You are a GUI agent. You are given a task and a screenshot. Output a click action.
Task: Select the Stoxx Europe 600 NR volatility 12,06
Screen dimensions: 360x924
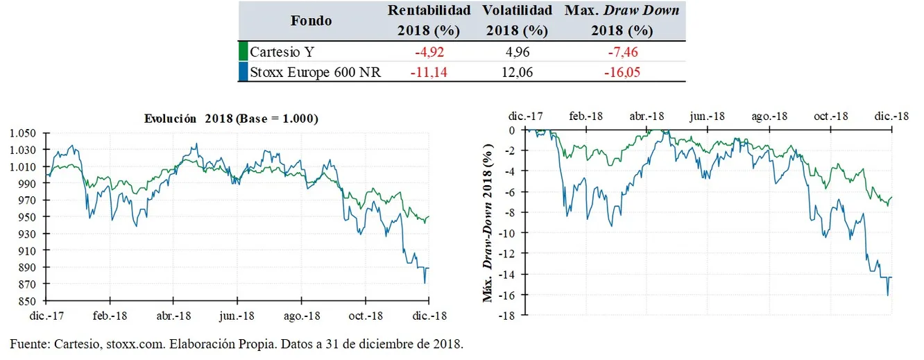tap(517, 71)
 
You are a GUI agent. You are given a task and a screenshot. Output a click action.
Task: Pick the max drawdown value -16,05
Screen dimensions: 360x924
tap(622, 71)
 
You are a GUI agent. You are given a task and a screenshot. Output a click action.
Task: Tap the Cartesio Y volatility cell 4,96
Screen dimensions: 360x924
tap(517, 51)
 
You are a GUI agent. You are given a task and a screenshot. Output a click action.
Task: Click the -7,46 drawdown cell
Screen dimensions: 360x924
tap(622, 51)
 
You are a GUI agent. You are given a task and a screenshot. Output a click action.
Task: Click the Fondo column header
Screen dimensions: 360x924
tap(311, 20)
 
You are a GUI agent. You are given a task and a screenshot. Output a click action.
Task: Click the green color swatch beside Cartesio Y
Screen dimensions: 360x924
tap(243, 51)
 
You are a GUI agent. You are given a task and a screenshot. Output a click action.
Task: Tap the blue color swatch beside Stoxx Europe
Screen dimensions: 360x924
tap(243, 71)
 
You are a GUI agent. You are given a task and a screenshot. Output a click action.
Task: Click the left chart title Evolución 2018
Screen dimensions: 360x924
tap(231, 119)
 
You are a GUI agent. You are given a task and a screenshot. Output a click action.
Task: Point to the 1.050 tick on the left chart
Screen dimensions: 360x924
tap(23, 133)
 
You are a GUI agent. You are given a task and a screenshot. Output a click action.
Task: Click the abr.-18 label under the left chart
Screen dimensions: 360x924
tap(173, 316)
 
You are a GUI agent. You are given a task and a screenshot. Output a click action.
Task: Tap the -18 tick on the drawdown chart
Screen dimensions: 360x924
tap(508, 316)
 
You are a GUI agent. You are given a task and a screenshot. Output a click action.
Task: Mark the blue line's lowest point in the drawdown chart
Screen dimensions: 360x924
tap(887, 295)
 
